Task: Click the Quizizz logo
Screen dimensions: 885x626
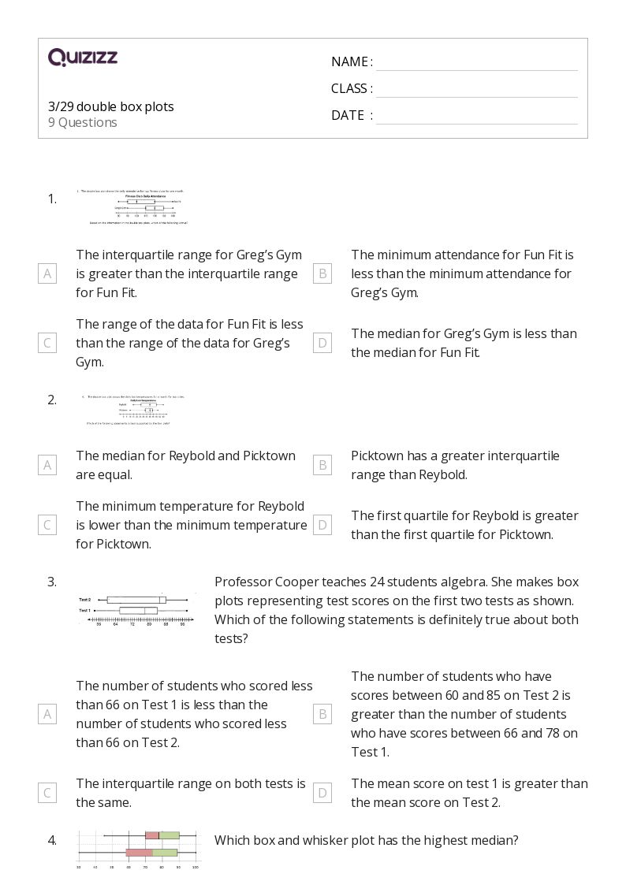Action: [83, 58]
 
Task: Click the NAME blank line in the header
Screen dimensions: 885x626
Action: [476, 63]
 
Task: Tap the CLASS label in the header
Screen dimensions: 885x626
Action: [352, 88]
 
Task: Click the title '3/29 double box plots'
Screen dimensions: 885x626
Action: [111, 106]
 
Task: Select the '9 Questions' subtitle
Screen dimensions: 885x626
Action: [83, 122]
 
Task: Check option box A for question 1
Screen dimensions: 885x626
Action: [47, 273]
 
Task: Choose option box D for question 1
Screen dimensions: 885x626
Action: [322, 343]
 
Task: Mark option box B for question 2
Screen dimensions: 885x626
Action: [322, 465]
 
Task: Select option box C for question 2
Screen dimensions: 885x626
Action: [47, 525]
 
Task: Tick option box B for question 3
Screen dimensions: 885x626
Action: [322, 714]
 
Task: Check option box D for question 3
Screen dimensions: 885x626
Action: [322, 793]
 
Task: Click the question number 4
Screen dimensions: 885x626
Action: [52, 840]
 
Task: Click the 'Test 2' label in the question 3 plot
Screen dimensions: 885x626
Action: [84, 600]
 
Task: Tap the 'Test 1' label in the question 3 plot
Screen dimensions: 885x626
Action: [84, 610]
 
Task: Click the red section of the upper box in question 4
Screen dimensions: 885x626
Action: [151, 835]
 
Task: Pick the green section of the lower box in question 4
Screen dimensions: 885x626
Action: [164, 852]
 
